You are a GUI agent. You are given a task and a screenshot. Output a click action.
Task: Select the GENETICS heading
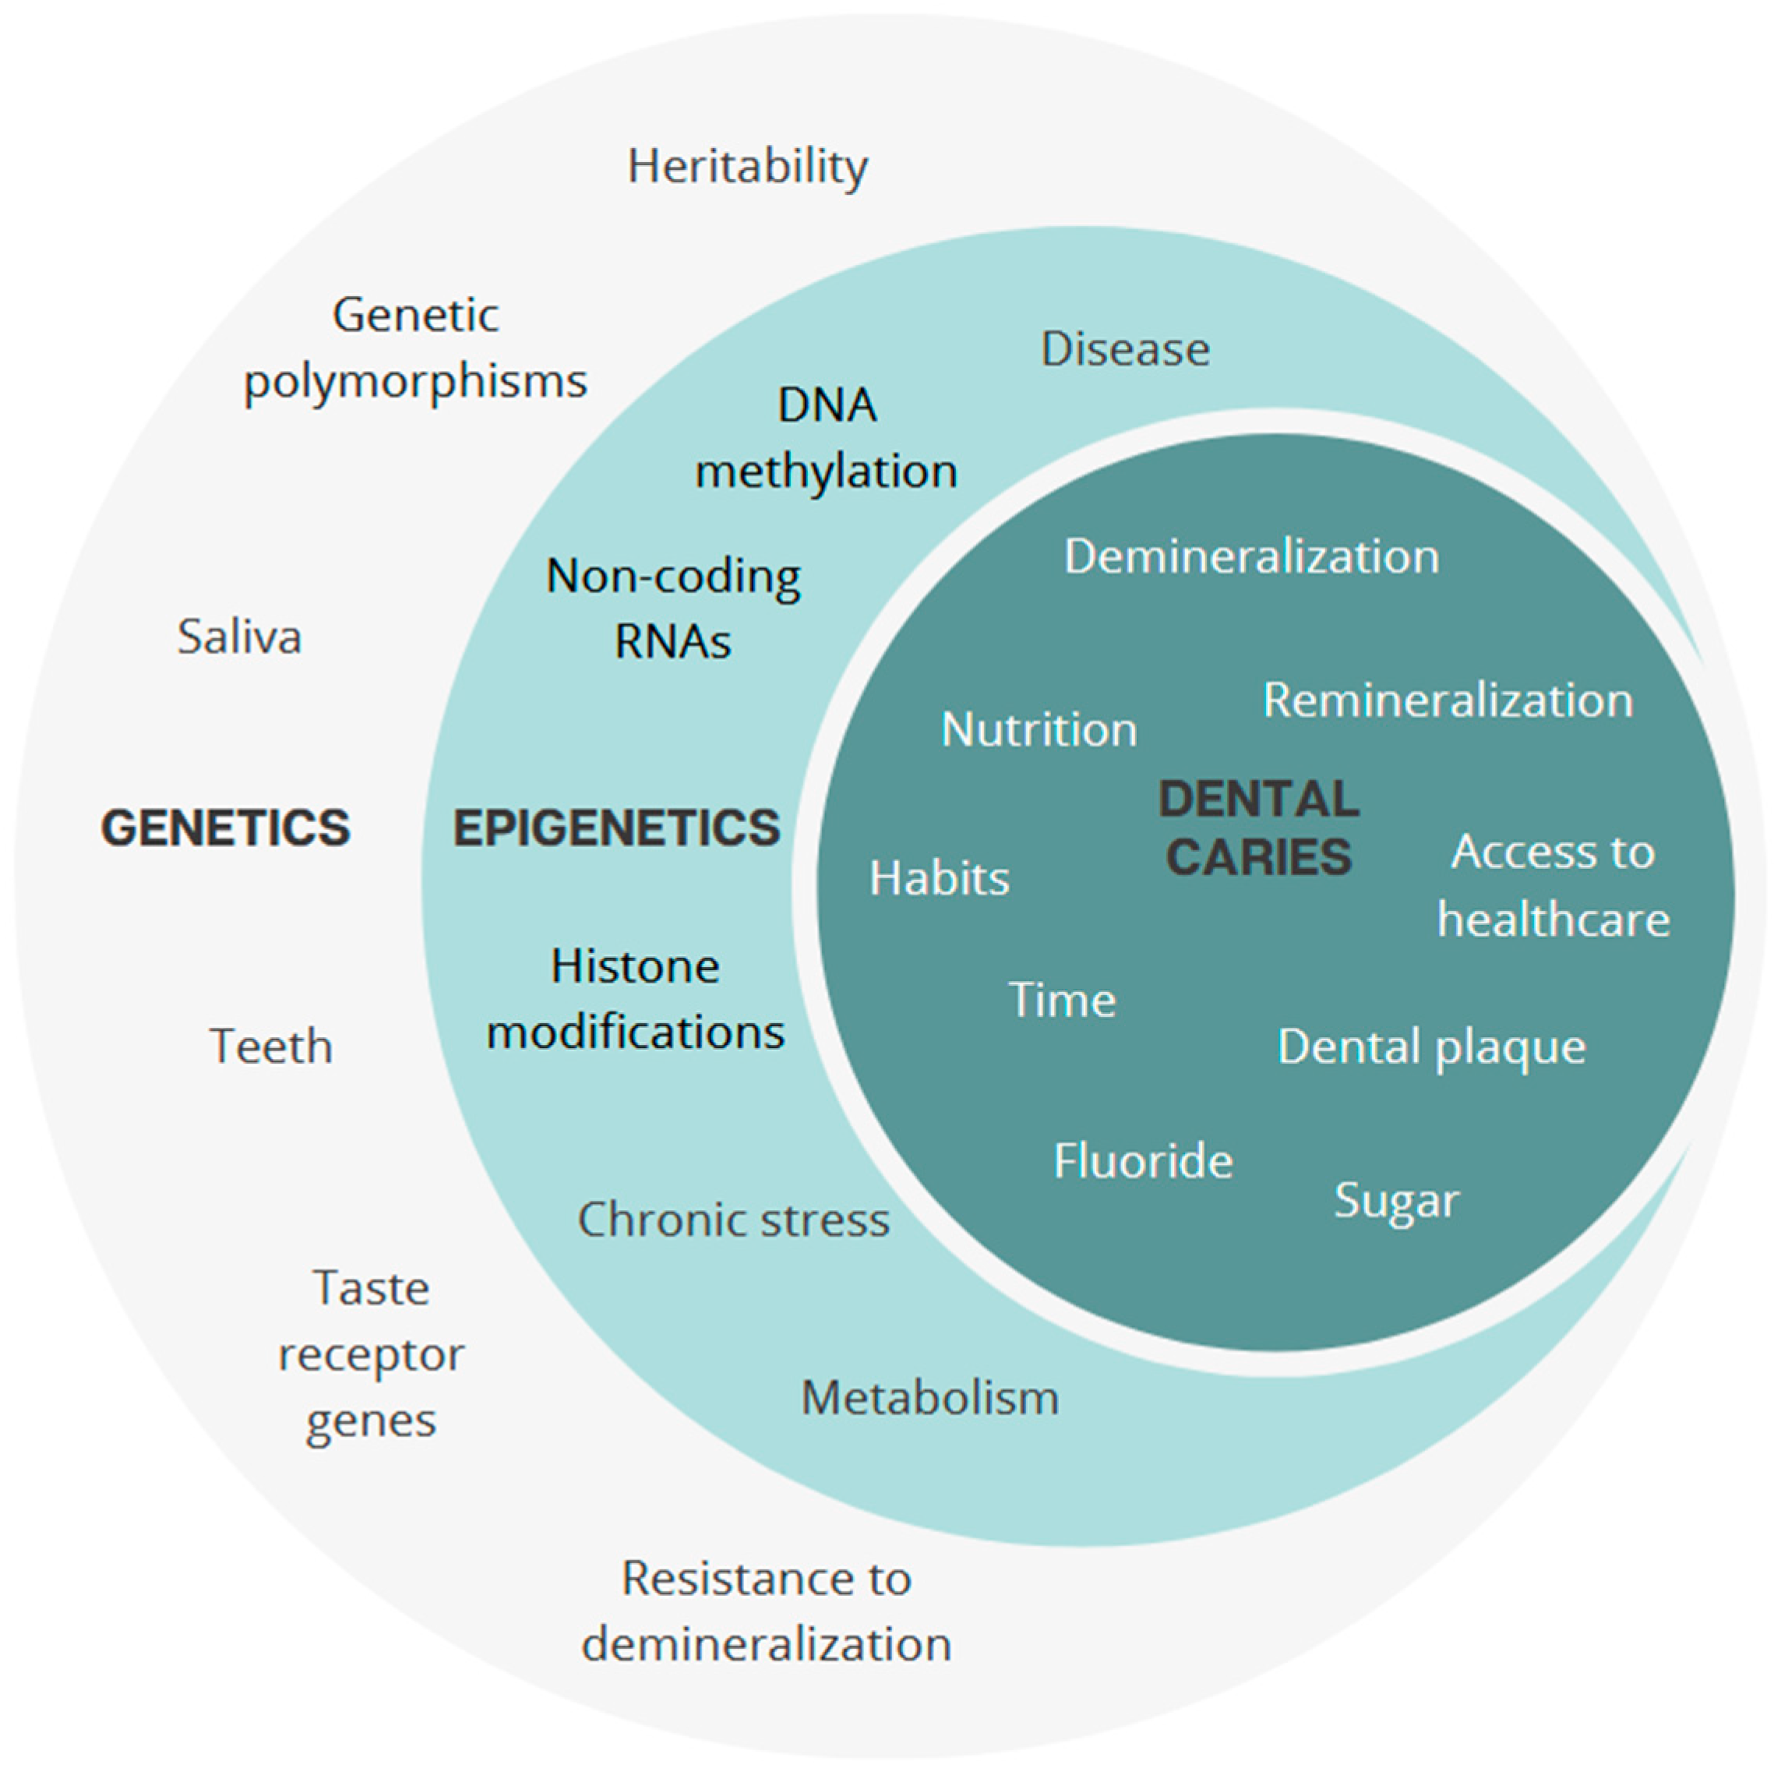(x=226, y=828)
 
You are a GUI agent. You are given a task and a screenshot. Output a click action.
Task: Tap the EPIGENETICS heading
(x=615, y=828)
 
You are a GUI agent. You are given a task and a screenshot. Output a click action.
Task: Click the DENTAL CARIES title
(x=1258, y=828)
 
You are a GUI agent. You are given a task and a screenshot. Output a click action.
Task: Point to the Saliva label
(x=240, y=637)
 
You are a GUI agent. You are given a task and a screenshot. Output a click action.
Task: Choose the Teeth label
(x=271, y=1047)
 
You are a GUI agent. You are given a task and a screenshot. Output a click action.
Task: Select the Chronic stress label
(x=733, y=1220)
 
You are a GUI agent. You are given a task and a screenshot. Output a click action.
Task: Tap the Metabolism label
(x=929, y=1398)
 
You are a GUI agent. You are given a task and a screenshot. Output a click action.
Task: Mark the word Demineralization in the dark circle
(x=1251, y=557)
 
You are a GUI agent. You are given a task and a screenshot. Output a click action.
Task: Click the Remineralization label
(x=1448, y=701)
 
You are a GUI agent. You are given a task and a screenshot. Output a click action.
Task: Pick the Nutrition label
(x=1039, y=730)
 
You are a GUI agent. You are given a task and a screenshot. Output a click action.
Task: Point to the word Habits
(x=940, y=878)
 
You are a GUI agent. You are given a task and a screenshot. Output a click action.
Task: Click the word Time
(x=1062, y=1000)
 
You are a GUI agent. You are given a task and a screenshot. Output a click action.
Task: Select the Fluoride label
(x=1143, y=1161)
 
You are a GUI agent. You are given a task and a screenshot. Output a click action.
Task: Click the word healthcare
(x=1554, y=920)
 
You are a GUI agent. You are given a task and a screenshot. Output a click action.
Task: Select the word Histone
(x=635, y=966)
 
